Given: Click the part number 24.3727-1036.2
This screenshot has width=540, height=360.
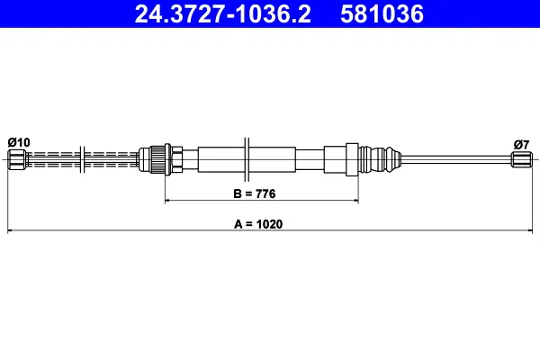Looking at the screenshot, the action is click(222, 14).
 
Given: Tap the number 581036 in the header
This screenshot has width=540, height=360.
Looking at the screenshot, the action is click(382, 14).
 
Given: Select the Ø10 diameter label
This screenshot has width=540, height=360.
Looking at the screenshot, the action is click(19, 142).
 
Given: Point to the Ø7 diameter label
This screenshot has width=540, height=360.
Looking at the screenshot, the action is click(521, 144).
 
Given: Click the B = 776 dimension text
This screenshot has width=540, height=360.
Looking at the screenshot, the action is click(255, 193).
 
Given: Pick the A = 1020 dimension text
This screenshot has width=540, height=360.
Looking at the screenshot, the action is click(258, 224).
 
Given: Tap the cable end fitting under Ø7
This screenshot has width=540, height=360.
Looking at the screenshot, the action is click(522, 160).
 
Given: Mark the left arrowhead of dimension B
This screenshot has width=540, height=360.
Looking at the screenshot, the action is click(167, 200).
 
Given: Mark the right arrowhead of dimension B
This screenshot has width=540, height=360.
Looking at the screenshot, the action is click(355, 200).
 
